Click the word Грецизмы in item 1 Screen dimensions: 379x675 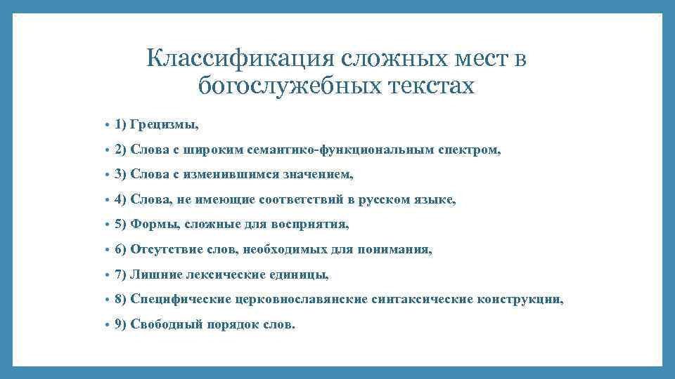click(165, 125)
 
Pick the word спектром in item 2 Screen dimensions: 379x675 click(475, 150)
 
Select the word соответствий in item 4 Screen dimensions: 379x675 click(300, 200)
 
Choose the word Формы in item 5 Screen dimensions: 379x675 click(150, 225)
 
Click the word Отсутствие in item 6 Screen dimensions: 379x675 click(161, 250)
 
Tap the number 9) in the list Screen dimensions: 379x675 click(120, 324)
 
